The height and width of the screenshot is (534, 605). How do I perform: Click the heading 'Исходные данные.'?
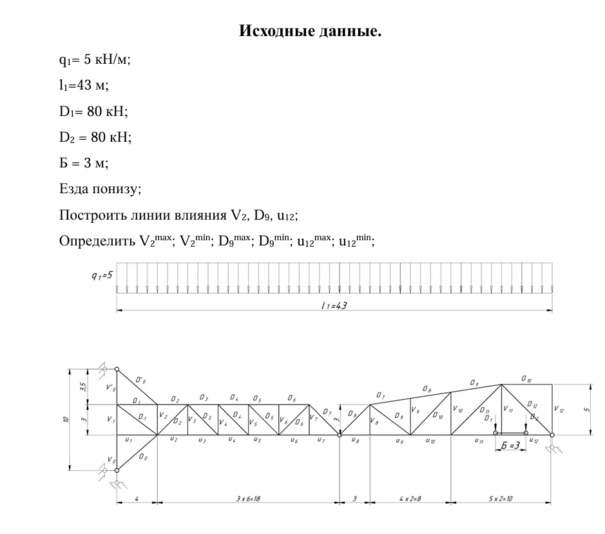point(311,30)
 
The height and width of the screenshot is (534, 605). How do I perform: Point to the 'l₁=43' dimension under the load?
point(334,305)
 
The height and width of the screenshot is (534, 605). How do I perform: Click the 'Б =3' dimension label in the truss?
point(510,446)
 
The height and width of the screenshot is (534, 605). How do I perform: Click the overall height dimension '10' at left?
point(66,420)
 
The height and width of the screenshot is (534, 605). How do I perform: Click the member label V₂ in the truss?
point(163,415)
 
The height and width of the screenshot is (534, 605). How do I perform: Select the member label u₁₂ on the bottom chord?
point(533,441)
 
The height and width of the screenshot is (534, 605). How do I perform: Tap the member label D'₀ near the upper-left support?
point(139,382)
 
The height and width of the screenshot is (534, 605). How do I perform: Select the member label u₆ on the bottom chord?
point(293,441)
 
